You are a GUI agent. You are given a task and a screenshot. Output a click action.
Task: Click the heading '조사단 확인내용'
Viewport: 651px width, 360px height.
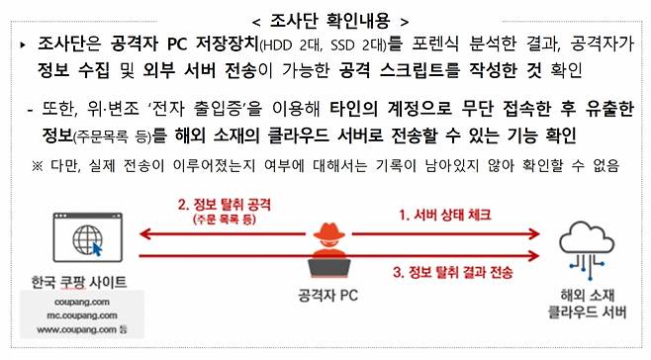click(325, 18)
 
